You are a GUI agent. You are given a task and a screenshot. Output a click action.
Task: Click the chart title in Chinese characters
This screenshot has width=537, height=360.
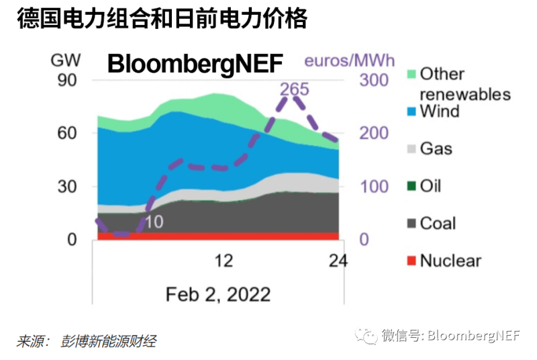coord(162,19)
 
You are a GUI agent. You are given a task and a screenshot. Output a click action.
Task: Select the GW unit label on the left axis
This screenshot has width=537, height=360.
coord(66,60)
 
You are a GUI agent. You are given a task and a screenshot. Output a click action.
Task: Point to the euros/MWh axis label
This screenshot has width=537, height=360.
coord(350,60)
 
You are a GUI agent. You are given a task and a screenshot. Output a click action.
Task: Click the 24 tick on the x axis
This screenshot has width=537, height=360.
coord(338,261)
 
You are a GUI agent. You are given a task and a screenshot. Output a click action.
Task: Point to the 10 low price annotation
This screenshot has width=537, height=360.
coord(154,221)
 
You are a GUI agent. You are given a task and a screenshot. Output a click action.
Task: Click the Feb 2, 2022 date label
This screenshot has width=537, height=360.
coord(218,294)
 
